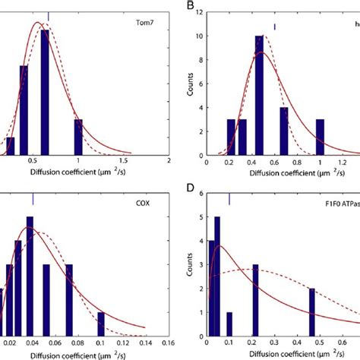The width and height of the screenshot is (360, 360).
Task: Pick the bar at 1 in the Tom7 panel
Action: [x=78, y=137]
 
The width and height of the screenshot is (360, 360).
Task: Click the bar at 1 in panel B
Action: [x=319, y=137]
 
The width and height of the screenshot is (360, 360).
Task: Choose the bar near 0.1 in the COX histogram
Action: [x=101, y=324]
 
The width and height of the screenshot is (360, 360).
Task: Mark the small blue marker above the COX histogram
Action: [x=33, y=198]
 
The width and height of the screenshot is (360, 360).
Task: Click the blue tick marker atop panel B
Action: [x=274, y=27]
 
